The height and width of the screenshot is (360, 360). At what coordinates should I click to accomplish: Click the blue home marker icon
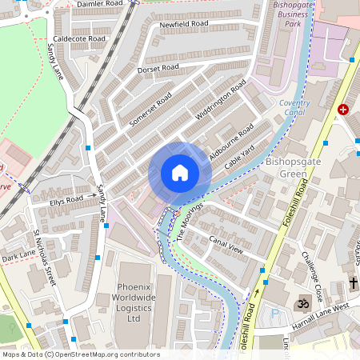point(180,173)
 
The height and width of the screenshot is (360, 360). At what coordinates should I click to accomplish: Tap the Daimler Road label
point(100,4)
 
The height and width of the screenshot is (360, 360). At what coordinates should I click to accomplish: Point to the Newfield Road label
point(183,25)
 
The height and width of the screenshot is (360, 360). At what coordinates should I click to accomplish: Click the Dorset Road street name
point(158,69)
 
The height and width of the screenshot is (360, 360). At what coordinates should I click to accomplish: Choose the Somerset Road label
point(150,110)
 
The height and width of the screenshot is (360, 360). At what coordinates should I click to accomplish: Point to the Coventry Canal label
point(295,107)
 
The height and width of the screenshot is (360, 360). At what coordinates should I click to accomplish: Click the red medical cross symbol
point(343,109)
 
